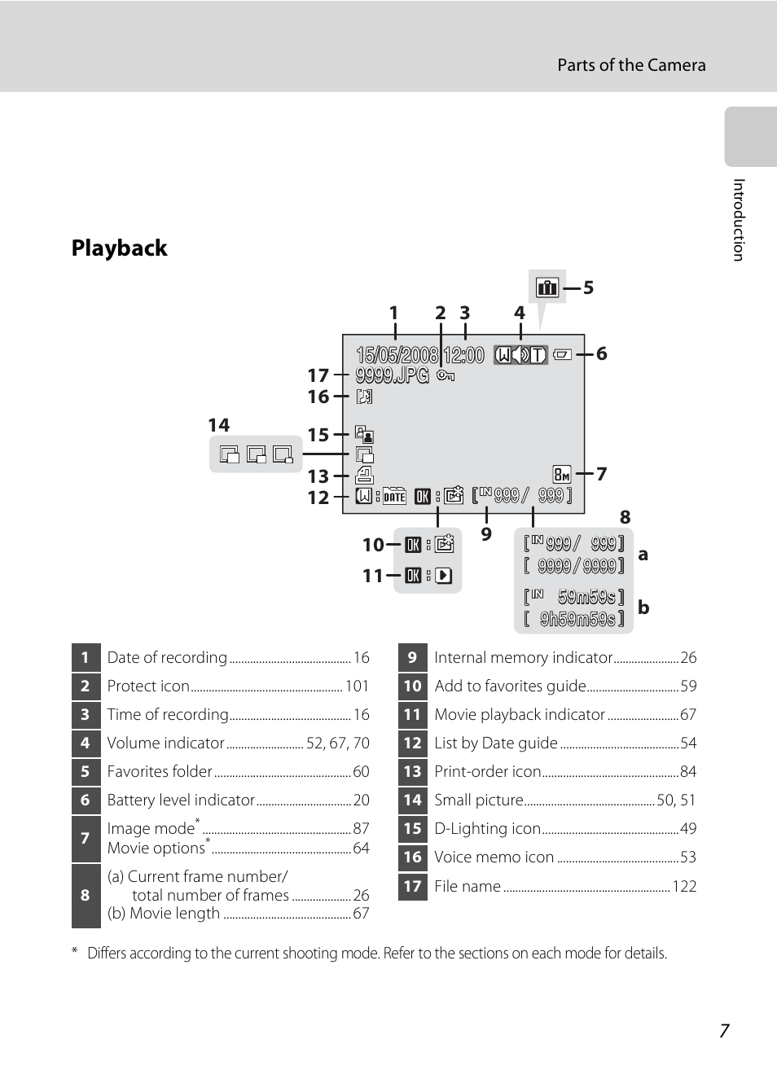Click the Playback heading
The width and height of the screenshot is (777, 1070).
point(119,248)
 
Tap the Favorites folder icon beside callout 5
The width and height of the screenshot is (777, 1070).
point(547,287)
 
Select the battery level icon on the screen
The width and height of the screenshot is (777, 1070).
point(562,354)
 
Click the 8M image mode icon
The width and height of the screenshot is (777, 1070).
point(562,474)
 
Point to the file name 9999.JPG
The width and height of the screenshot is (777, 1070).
point(392,375)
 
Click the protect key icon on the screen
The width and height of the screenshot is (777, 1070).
point(446,375)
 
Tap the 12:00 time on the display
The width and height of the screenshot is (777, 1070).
point(464,355)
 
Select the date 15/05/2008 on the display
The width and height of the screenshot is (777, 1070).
point(397,355)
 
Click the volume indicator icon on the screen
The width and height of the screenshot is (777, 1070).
point(520,354)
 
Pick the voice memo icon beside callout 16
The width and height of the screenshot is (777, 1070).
point(364,397)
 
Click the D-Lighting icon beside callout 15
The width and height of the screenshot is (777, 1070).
point(364,435)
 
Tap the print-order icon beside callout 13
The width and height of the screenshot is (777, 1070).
point(364,476)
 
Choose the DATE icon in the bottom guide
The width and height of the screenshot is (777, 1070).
point(395,497)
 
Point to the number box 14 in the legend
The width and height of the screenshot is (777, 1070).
point(413,800)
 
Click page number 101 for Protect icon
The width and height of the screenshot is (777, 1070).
point(357,686)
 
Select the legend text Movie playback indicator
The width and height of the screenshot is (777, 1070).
point(520,715)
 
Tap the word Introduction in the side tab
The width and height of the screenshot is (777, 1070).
point(739,220)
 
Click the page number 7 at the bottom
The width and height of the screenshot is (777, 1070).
point(724,1031)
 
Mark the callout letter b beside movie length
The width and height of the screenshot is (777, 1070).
point(643,607)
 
